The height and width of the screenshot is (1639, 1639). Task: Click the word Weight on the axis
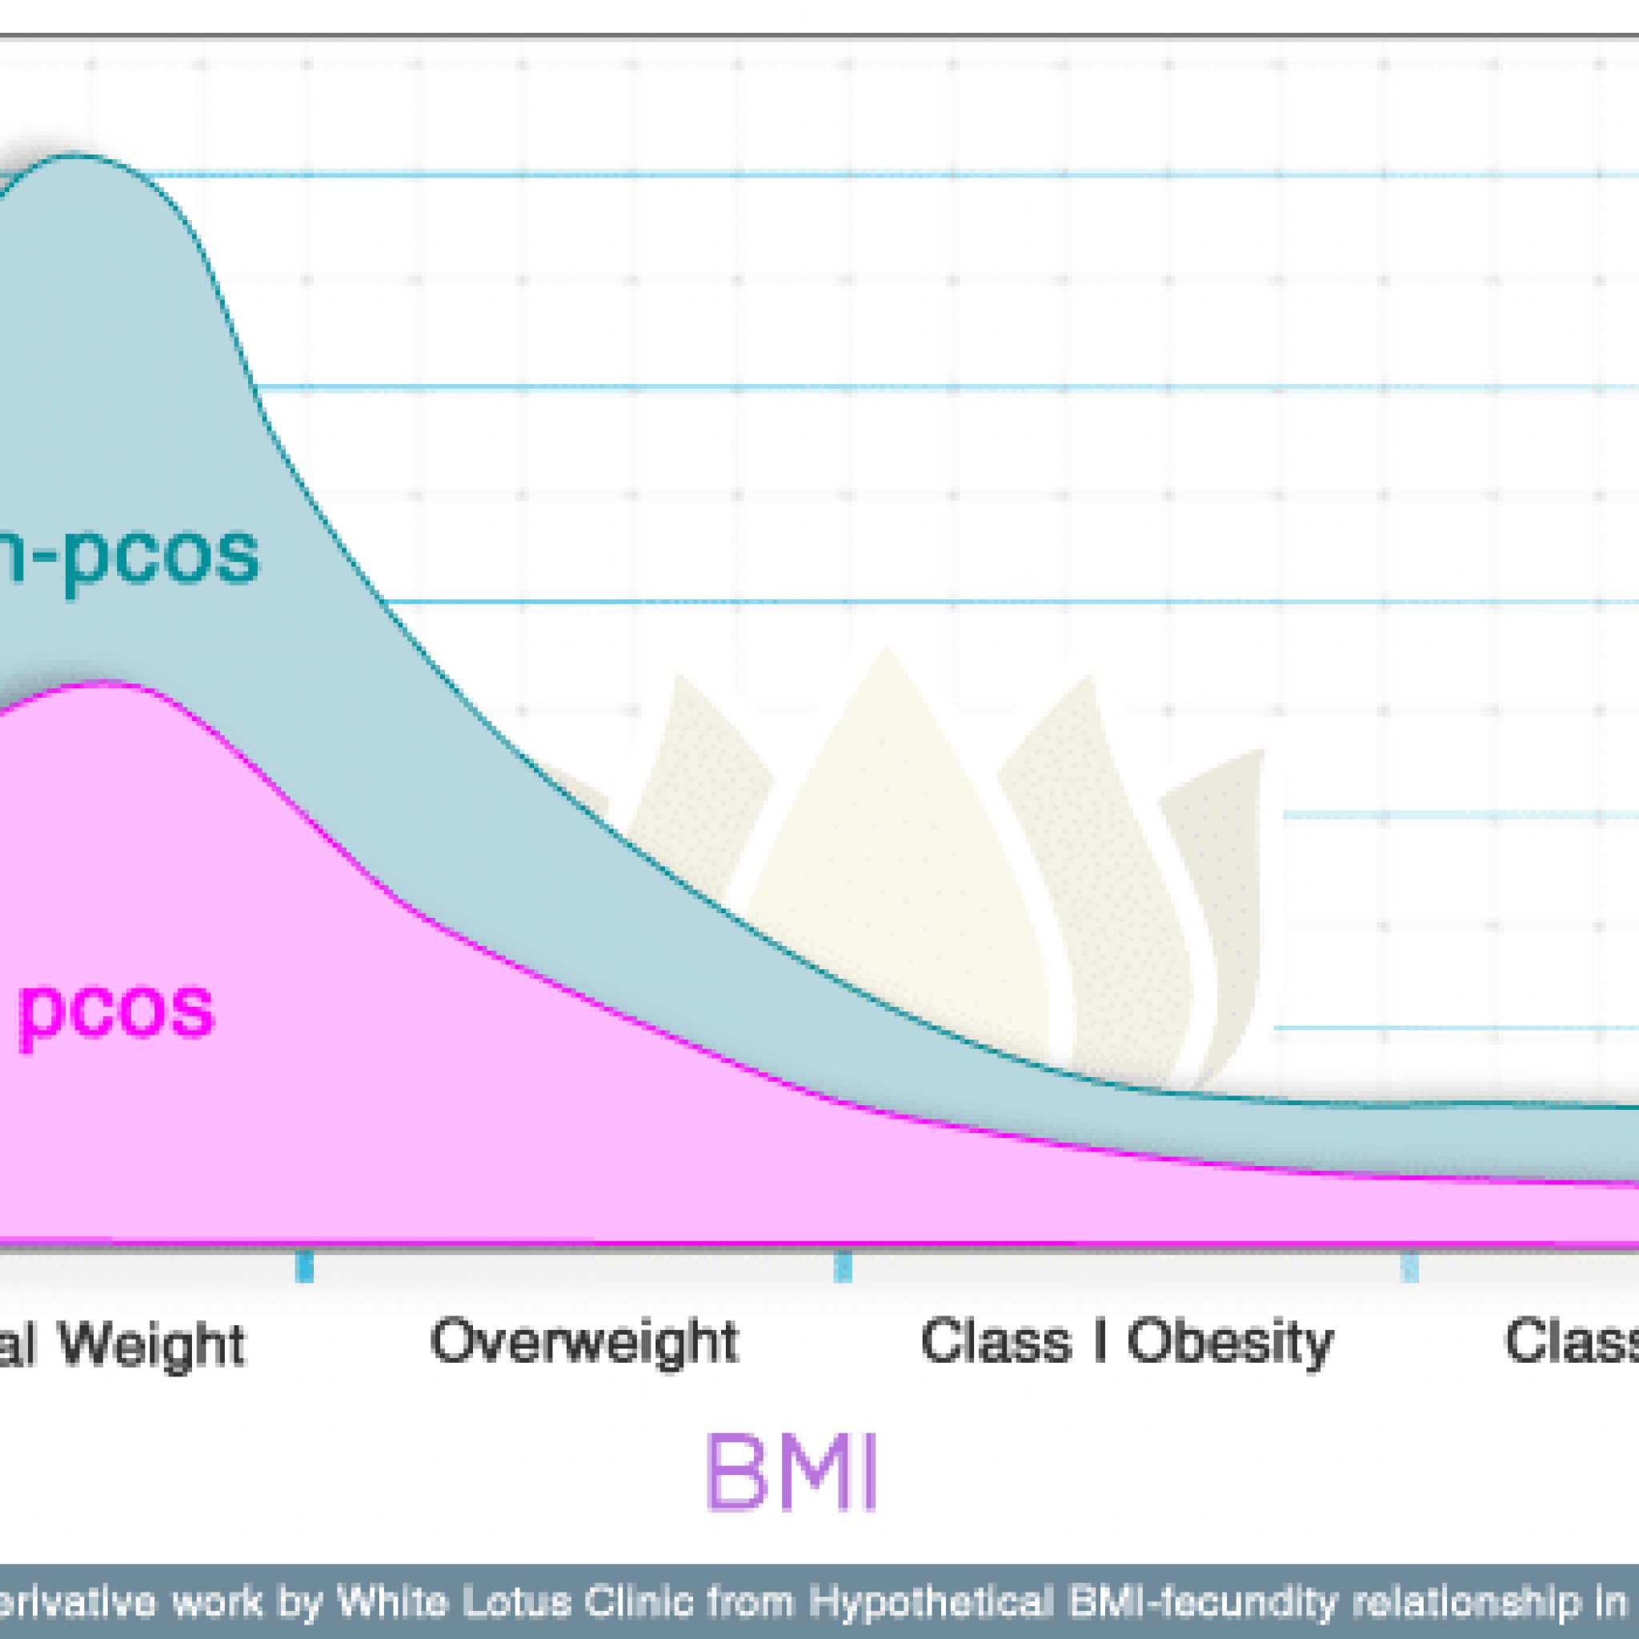click(x=153, y=1344)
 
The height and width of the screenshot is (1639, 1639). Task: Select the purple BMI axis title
click(x=791, y=1472)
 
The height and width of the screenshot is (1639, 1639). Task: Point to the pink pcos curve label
click(x=115, y=1009)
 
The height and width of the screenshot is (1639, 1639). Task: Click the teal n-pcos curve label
click(x=127, y=555)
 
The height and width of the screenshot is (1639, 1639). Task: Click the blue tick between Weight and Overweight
click(x=303, y=1268)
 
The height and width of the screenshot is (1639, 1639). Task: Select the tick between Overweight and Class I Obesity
click(x=843, y=1268)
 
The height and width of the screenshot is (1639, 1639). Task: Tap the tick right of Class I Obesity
click(x=1409, y=1268)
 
